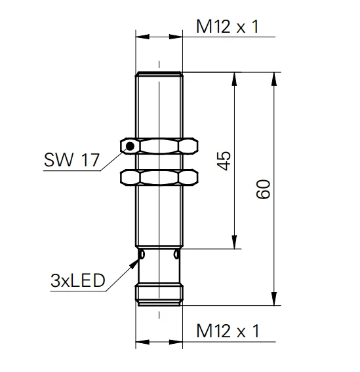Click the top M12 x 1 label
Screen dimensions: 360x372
click(x=228, y=26)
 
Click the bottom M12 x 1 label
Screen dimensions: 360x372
click(x=228, y=331)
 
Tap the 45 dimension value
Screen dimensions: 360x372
click(x=224, y=160)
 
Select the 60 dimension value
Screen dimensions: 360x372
click(x=263, y=189)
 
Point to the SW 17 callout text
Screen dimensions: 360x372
click(x=71, y=160)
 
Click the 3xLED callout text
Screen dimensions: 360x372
click(x=77, y=280)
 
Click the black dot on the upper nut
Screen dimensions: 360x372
click(x=130, y=146)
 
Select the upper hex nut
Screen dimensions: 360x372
click(x=159, y=146)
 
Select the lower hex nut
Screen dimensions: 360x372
click(x=159, y=177)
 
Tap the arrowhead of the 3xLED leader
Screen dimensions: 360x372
click(x=134, y=263)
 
